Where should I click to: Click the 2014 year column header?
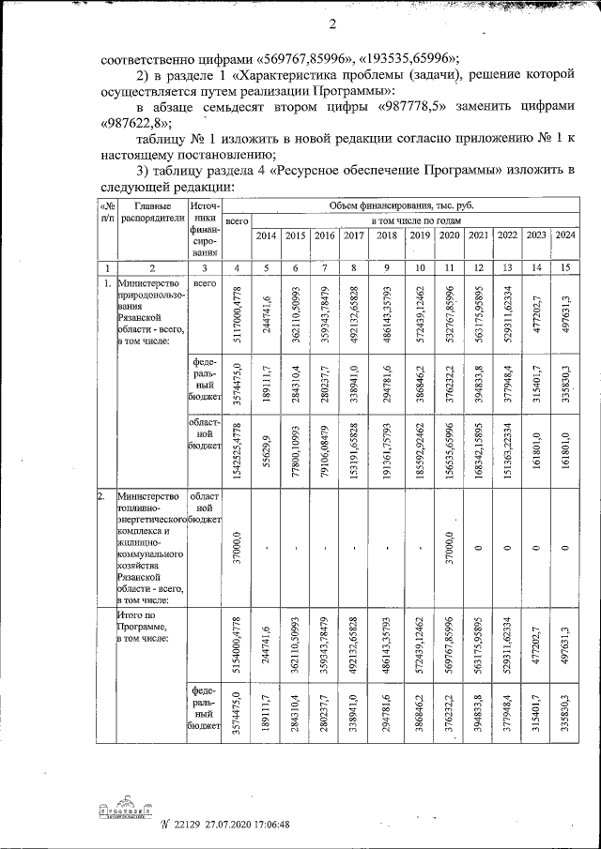pos(267,235)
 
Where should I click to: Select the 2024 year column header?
pos(565,235)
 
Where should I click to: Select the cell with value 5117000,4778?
pos(237,313)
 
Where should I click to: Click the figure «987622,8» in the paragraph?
pos(140,124)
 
